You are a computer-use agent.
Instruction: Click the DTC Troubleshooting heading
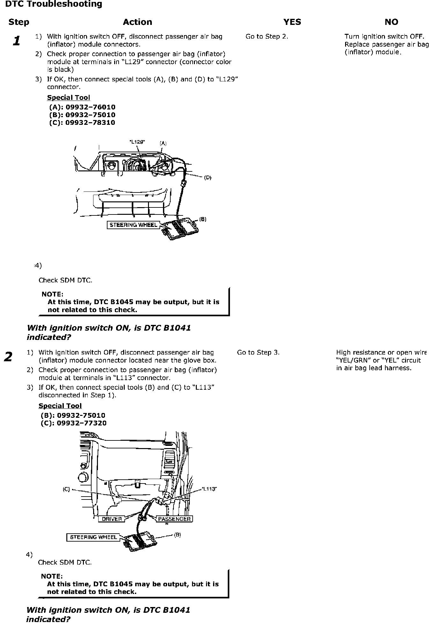point(54,4)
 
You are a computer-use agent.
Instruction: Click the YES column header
point(292,22)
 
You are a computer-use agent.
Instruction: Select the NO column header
point(391,22)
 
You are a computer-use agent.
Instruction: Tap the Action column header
point(137,22)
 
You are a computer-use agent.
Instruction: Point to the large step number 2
point(8,356)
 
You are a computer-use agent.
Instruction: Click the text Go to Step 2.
point(267,36)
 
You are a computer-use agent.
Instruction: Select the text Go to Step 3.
point(258,352)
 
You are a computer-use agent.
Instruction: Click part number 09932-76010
point(90,107)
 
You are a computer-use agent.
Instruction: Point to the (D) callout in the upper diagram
point(208,177)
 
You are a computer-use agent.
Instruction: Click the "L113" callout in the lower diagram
point(209,489)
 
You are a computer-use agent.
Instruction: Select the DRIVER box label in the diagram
point(112,519)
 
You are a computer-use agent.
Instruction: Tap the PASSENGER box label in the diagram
point(174,519)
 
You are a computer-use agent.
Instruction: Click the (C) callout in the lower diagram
point(66,489)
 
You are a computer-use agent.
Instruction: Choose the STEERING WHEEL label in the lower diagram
point(93,537)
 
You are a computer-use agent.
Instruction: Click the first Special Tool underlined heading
point(69,98)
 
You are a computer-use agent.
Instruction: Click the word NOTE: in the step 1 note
point(53,294)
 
